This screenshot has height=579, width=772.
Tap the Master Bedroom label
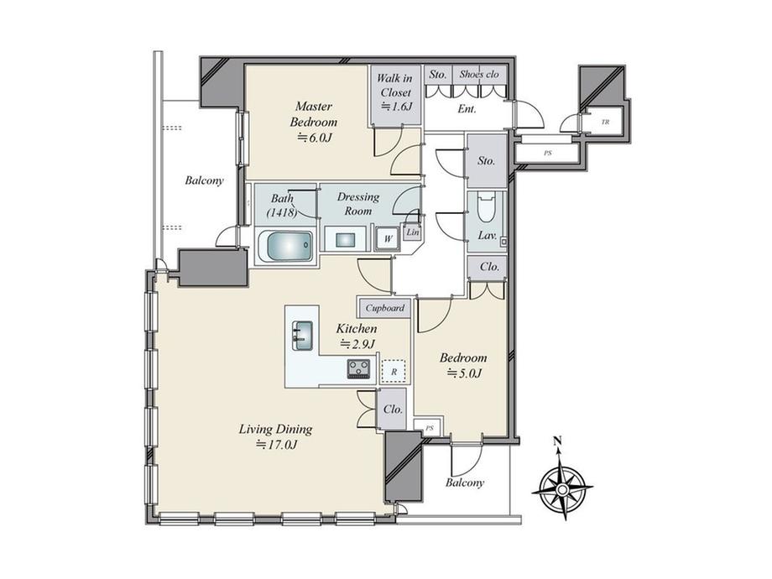click(313, 114)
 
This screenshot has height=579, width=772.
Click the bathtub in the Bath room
click(285, 248)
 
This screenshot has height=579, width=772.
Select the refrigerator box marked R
click(393, 369)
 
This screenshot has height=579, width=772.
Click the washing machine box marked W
click(387, 238)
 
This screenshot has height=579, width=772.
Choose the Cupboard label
click(384, 308)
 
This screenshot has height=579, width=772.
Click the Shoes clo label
click(479, 75)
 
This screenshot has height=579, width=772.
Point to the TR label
click(604, 123)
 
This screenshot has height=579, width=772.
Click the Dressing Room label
click(358, 204)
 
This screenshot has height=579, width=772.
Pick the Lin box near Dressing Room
click(411, 232)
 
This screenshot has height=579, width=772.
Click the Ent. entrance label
click(467, 109)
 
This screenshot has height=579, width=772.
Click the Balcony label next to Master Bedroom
click(204, 180)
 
